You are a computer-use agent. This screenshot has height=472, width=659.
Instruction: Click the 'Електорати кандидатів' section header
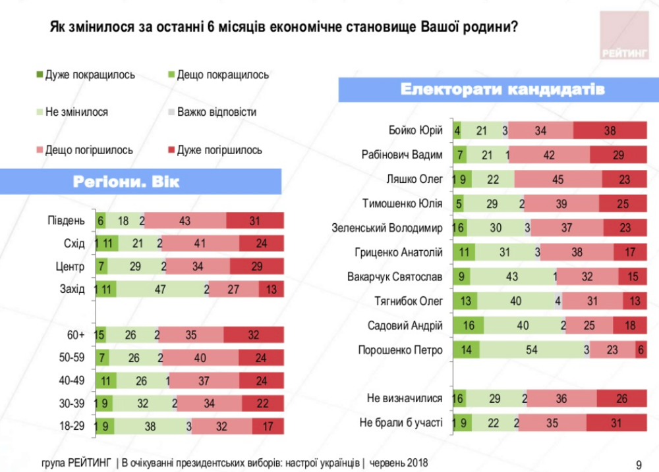[x=498, y=90]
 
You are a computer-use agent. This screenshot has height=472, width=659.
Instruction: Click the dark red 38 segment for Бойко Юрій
[x=610, y=131]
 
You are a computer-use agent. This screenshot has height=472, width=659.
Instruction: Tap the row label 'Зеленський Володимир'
[x=387, y=228]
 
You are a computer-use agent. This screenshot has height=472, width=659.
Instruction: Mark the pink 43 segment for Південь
[x=185, y=221]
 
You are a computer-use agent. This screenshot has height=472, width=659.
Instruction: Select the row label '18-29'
[x=71, y=426]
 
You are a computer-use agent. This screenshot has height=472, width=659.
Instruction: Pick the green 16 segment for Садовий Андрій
[x=469, y=325]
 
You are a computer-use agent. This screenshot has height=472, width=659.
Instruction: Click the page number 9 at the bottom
[x=638, y=464]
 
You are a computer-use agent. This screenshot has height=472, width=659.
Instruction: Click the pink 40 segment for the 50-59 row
[x=200, y=358]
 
